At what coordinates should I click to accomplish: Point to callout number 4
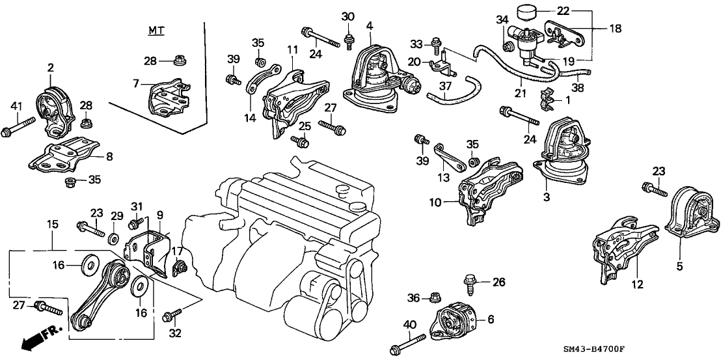pyautogui.click(x=369, y=26)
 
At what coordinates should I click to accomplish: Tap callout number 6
pyautogui.click(x=490, y=319)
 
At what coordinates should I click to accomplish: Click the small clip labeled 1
pyautogui.click(x=545, y=99)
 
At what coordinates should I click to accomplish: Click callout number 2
pyautogui.click(x=50, y=66)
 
